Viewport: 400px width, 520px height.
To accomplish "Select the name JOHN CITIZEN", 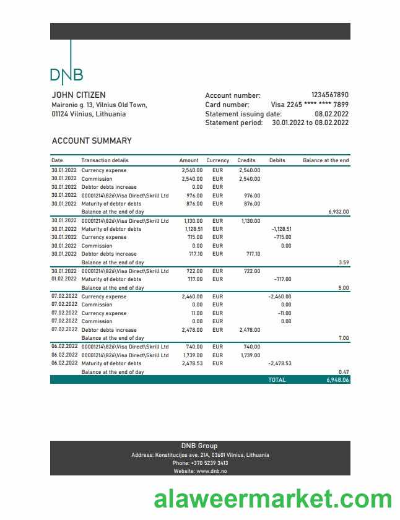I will tap(79, 95).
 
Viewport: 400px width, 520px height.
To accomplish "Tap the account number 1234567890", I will tap(329, 95).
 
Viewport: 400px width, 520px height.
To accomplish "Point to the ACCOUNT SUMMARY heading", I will tap(92, 141).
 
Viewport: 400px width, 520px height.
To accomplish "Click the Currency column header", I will tap(217, 160).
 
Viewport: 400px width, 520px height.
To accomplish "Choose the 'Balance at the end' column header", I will tap(326, 160).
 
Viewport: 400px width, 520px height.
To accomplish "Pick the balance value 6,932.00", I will tap(338, 212).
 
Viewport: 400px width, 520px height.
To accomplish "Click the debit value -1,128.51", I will tap(281, 229).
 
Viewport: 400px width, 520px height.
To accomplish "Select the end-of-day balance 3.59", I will tap(344, 262).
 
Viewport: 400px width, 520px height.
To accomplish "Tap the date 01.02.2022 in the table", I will tap(64, 279).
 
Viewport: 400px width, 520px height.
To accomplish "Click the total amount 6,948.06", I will tap(337, 379).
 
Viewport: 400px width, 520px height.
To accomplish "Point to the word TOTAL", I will tap(277, 379).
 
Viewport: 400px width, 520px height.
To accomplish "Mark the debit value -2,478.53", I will tap(280, 363).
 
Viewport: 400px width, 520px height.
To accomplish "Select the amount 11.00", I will tap(196, 313).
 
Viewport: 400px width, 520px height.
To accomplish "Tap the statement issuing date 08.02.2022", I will tap(331, 114).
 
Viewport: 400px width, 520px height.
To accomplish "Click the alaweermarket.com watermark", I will tap(272, 498).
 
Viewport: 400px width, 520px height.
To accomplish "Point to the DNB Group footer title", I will tap(199, 446).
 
